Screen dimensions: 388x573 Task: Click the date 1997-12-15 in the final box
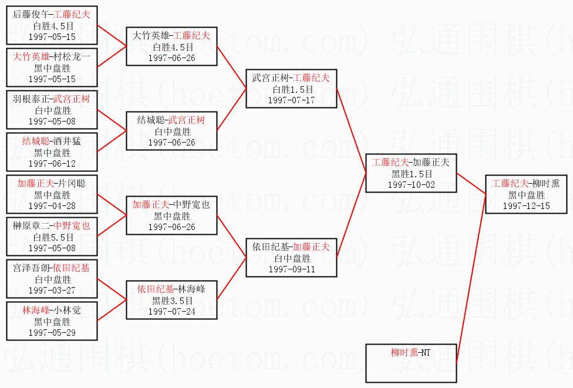[526, 206]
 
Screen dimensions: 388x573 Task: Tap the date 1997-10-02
[410, 184]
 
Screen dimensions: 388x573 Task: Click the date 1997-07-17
[291, 100]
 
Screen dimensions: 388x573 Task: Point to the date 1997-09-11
[291, 269]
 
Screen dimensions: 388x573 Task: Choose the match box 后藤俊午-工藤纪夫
[52, 25]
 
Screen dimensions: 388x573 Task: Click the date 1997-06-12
[52, 164]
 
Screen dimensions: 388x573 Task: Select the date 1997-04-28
[52, 205]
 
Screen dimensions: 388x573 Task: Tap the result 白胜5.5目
[52, 237]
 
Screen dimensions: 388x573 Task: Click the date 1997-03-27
[52, 290]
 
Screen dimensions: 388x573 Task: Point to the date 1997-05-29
[52, 332]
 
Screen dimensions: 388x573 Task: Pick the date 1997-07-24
[171, 311]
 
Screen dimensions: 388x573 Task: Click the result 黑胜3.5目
[171, 301]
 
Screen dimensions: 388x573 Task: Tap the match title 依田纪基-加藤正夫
[291, 247]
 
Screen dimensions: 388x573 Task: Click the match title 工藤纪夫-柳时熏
[526, 184]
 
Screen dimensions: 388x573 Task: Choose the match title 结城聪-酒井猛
[52, 141]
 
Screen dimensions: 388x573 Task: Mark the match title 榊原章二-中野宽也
[52, 226]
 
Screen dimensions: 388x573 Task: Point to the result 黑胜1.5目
[410, 174]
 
